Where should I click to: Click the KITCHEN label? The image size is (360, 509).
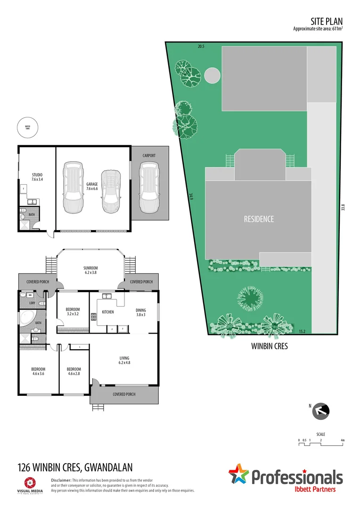pyautogui.click(x=108, y=312)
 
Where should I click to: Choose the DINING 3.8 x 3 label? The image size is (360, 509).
pyautogui.click(x=141, y=312)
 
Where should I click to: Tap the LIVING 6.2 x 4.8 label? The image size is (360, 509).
pyautogui.click(x=124, y=361)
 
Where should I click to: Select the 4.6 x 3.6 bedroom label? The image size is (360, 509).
pyautogui.click(x=38, y=371)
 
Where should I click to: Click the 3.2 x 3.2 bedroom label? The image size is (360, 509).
pyautogui.click(x=73, y=312)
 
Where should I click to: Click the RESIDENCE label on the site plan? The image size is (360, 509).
pyautogui.click(x=258, y=219)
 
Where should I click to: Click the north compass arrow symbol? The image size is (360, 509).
pyautogui.click(x=321, y=410)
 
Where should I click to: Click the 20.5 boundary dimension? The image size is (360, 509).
pyautogui.click(x=201, y=46)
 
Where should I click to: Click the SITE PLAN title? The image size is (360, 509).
pyautogui.click(x=327, y=21)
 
